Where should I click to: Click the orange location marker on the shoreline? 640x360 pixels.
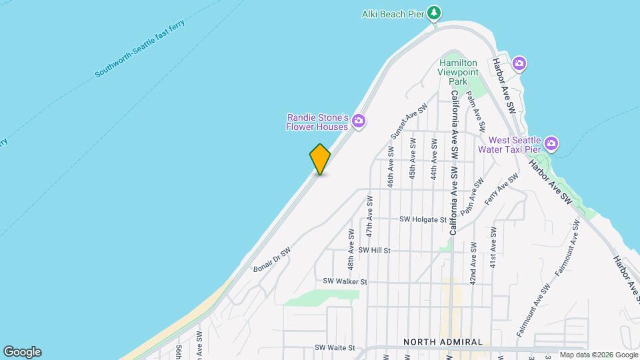coord(320,159)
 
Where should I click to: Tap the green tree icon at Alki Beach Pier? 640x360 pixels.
coord(434,13)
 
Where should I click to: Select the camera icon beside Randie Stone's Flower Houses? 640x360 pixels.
coord(359,121)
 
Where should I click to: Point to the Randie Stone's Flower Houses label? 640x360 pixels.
coord(318,121)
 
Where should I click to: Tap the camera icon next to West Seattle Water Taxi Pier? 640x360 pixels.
coord(551,143)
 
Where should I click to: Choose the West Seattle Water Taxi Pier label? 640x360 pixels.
coord(513,144)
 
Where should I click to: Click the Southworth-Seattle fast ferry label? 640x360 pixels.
coord(139,49)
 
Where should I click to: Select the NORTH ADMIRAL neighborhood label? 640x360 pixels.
coord(443,342)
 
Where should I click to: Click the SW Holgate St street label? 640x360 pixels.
coord(423,219)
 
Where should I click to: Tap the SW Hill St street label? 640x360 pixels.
coord(374,250)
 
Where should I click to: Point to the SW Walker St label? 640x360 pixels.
coord(345,282)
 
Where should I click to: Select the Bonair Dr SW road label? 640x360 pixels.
coord(272,260)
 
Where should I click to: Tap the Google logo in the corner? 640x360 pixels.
coord(22,351)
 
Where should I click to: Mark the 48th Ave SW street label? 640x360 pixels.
coord(351,249)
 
